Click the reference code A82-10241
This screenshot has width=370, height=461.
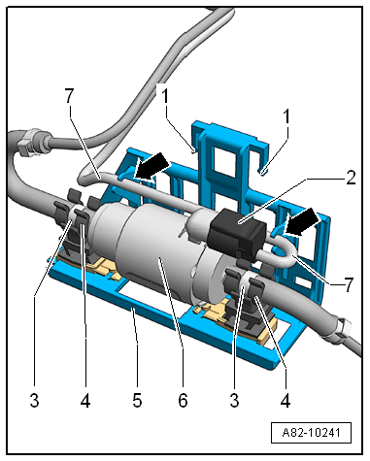tap(311, 432)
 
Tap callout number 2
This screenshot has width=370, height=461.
tap(351, 178)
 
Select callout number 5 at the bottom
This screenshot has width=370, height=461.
tap(137, 400)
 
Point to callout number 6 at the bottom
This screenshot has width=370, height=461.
tap(183, 400)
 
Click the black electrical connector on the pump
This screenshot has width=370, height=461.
tap(236, 230)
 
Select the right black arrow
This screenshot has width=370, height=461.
tap(302, 221)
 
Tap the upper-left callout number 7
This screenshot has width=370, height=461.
tap(69, 95)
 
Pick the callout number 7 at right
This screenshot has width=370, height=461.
tap(348, 284)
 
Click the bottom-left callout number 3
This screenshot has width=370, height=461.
tap(34, 400)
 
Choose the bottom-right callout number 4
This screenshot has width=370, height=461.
tap(286, 400)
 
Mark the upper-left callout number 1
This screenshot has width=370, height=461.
tap(165, 96)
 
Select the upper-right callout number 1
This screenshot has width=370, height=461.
tap(286, 116)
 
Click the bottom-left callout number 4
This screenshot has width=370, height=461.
tap(85, 400)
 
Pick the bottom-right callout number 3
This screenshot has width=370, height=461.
tap(234, 400)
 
